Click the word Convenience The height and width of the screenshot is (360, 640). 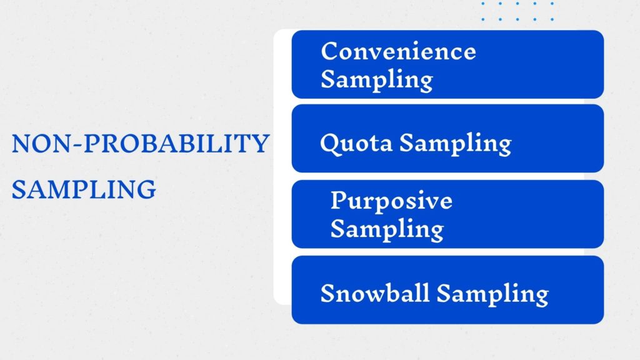[x=398, y=51]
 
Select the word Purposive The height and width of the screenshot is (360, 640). [x=391, y=201]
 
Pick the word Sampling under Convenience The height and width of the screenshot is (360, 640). [x=376, y=80]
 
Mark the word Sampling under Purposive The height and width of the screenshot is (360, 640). [x=386, y=229]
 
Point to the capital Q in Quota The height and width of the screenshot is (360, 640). [x=329, y=144]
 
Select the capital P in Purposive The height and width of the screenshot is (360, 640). [x=337, y=201]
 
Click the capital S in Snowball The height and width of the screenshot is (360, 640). [x=327, y=293]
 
